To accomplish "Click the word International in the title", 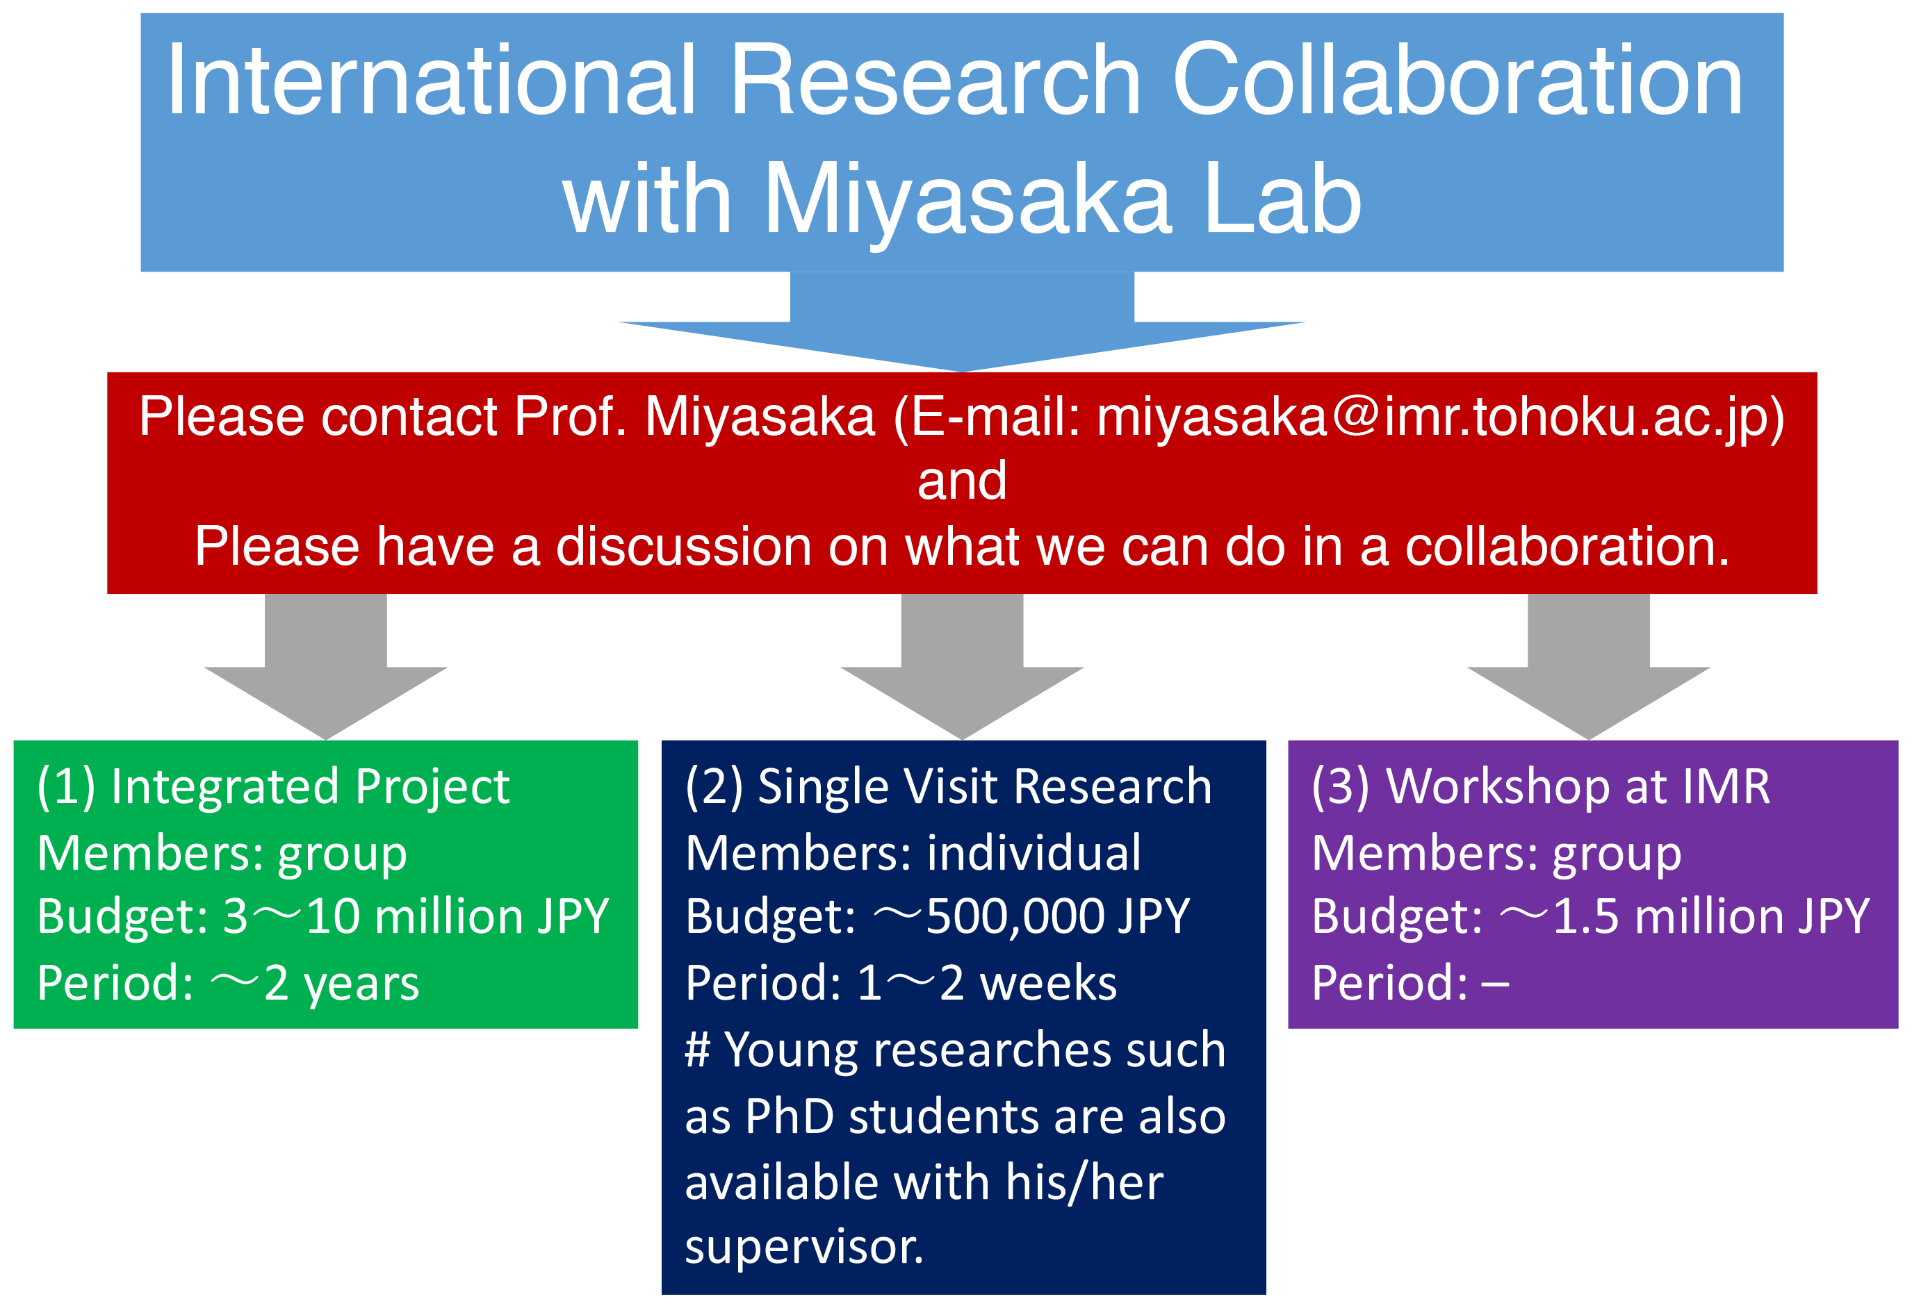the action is (432, 79).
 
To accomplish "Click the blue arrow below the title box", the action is (962, 322).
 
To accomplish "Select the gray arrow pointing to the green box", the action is (325, 667).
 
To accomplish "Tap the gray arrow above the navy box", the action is (962, 667).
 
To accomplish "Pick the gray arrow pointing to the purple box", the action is (1588, 667).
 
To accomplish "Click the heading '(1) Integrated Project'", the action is (274, 787).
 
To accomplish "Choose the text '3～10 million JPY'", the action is (416, 916).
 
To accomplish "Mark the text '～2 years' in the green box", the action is (315, 984).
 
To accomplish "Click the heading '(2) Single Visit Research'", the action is (949, 787).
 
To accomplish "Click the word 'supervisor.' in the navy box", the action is (804, 1248).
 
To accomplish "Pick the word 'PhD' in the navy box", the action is (790, 1116).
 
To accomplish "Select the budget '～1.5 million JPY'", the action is (1685, 916).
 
